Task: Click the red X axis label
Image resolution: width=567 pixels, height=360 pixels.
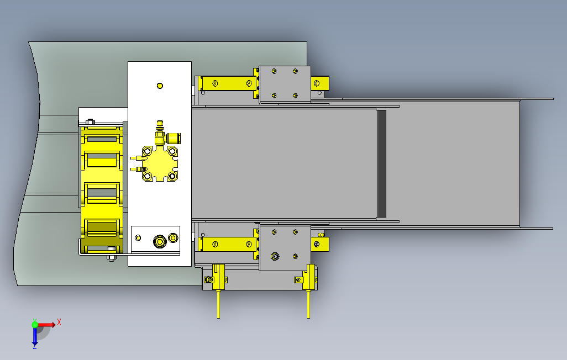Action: click(x=59, y=322)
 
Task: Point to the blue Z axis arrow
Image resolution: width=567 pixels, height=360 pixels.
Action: click(x=35, y=337)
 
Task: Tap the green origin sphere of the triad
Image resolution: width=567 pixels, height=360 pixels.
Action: click(x=35, y=325)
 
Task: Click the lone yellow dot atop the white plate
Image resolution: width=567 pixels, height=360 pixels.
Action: click(x=160, y=86)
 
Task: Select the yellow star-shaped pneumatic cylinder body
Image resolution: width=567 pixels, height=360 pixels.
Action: click(x=160, y=163)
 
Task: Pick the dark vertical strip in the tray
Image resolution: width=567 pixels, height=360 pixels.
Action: click(x=381, y=163)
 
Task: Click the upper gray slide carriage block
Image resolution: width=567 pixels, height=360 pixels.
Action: click(x=285, y=84)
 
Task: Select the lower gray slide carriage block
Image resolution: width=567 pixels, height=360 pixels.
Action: click(x=285, y=248)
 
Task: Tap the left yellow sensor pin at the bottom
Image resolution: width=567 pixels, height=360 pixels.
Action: click(x=218, y=304)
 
